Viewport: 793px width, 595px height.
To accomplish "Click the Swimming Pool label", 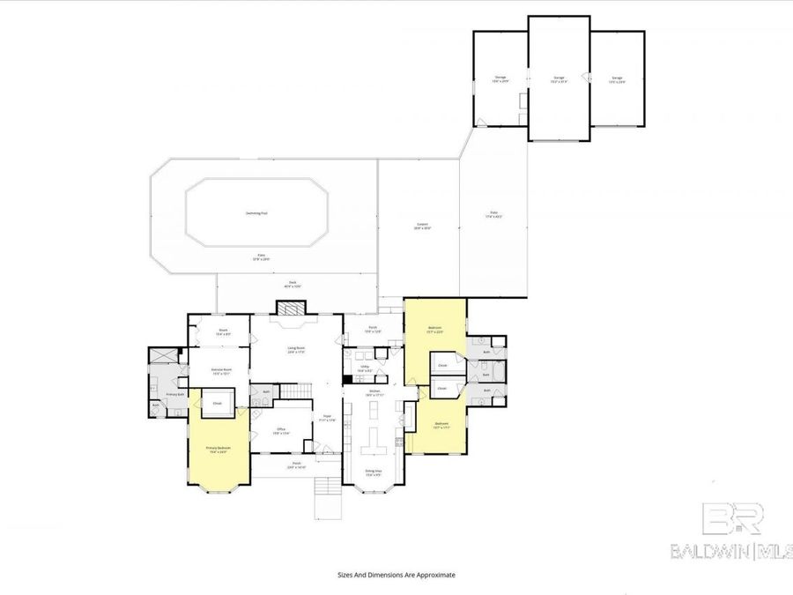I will pos(256,213).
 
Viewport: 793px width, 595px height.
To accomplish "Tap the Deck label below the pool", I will pos(293,285).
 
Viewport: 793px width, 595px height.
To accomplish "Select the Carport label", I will pos(422,227).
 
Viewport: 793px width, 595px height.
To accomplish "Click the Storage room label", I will pos(500,79).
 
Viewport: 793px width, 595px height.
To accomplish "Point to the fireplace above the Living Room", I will pos(291,308).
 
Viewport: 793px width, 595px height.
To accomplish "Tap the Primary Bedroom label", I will pos(218,450).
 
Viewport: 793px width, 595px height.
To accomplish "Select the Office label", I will pos(281,431).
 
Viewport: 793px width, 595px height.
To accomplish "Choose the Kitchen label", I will pos(374,392).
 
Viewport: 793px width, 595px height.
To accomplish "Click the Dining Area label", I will pos(373,472).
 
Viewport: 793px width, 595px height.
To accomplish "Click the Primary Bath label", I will pos(174,394).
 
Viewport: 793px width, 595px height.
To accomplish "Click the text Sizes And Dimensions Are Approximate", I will pos(396,574).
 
